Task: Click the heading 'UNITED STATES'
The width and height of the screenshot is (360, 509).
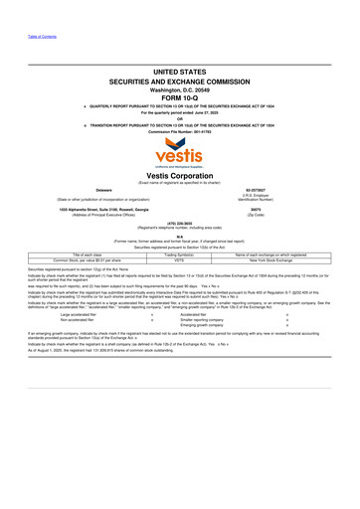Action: (180, 73)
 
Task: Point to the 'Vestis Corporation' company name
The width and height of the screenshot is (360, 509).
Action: (180, 175)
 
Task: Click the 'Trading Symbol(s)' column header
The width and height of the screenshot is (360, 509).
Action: (180, 254)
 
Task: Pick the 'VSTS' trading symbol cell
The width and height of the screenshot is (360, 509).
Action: (180, 259)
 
